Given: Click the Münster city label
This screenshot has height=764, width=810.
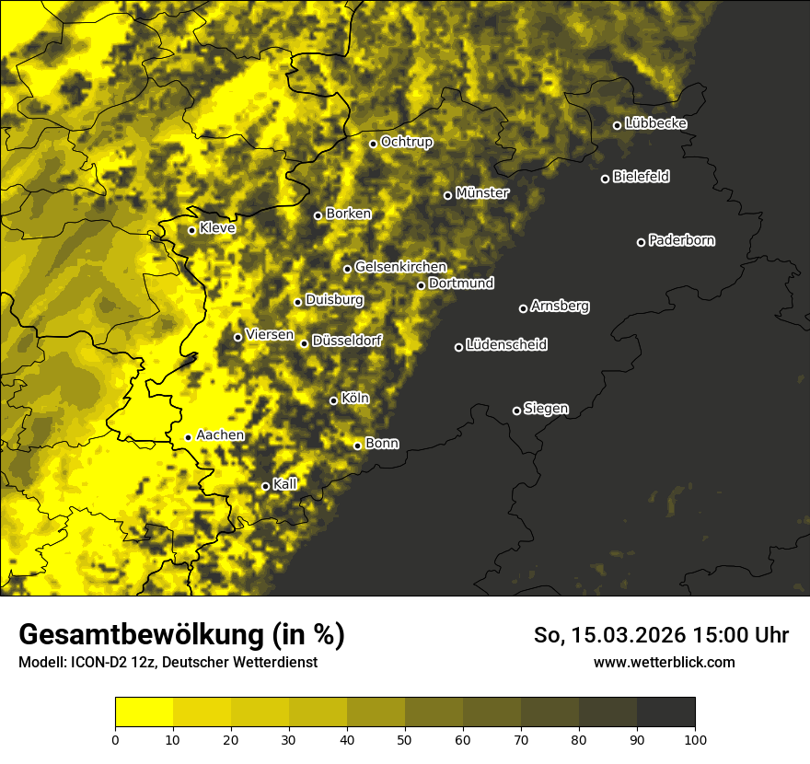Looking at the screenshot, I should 482,193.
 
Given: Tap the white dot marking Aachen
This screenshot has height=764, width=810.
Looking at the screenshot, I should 188,437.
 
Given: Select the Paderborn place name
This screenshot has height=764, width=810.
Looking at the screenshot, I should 682,240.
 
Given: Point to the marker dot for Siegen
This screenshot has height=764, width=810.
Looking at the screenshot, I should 516,411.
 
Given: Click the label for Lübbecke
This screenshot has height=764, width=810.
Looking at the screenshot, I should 655,123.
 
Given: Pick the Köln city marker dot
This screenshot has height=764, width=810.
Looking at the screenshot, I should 333,400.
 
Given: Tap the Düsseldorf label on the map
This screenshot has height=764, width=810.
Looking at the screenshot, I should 347,341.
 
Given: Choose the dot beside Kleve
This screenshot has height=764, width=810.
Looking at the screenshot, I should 191,230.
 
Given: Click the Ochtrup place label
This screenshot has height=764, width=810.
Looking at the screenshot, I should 406,142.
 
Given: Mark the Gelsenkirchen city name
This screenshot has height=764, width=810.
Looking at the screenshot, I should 400,267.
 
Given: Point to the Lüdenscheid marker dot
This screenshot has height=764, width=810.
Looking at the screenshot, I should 458,347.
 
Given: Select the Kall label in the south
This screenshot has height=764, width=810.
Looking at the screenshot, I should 285,483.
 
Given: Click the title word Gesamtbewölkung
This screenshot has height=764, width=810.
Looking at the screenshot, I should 139,635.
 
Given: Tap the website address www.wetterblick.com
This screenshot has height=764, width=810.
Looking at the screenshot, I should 665,662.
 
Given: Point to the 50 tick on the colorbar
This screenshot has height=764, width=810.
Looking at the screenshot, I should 405,738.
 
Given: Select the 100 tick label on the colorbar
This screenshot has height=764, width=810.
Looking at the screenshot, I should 695,738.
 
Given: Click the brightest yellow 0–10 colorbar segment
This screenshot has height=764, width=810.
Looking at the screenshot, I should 144,712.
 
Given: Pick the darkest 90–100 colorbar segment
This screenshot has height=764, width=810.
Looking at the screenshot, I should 665,712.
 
